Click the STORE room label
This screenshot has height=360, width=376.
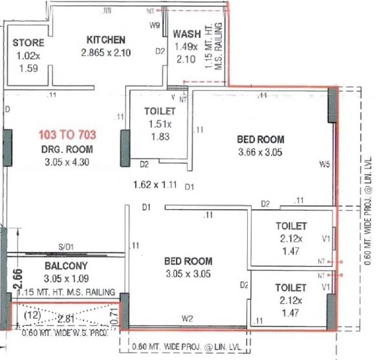click(28, 43)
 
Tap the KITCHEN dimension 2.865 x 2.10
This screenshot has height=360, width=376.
click(106, 53)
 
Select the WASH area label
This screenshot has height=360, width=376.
click(187, 34)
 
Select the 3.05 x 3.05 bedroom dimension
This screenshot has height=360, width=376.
click(188, 274)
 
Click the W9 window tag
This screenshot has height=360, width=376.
click(155, 26)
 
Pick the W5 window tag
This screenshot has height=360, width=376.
click(324, 164)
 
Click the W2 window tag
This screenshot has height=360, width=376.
click(188, 319)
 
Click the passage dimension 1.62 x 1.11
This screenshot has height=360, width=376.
click(155, 185)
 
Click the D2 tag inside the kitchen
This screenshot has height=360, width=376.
click(160, 51)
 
